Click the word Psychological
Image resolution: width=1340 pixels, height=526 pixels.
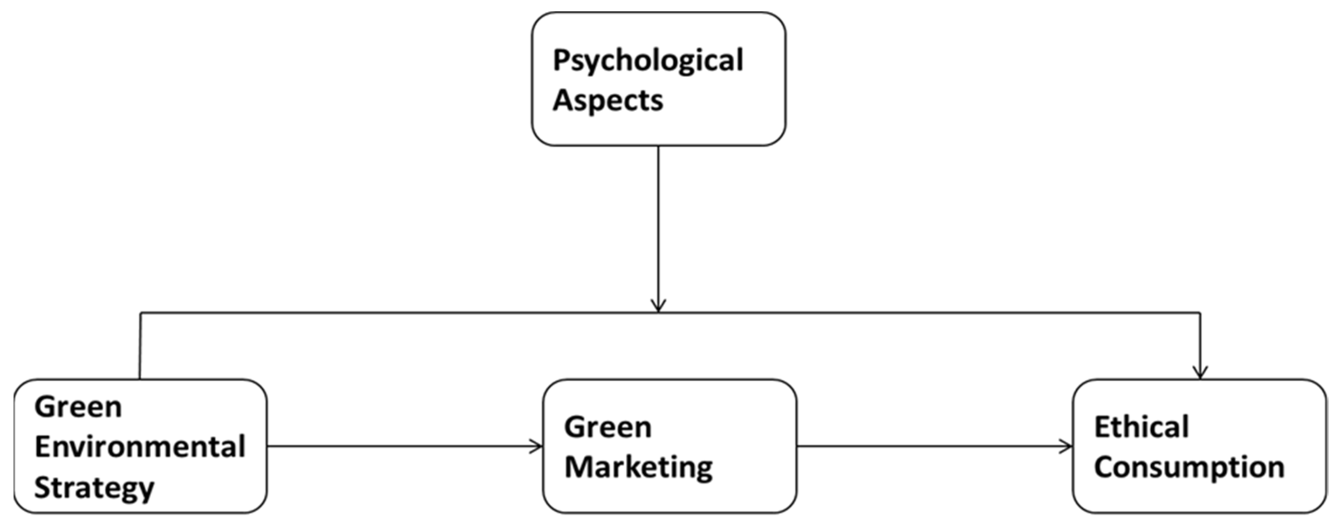pos(647,61)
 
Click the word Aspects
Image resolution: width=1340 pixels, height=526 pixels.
pos(608,100)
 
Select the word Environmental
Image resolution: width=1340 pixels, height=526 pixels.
pos(140,447)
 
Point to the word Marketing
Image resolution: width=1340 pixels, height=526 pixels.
pos(638,467)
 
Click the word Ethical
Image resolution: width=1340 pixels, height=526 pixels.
pos(1141,428)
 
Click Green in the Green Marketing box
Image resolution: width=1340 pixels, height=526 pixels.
pos(608,428)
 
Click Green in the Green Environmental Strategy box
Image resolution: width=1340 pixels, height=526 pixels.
pos(78,407)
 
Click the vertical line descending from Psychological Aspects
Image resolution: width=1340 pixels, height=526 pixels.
pos(659,224)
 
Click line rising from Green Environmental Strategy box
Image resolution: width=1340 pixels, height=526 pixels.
pos(140,346)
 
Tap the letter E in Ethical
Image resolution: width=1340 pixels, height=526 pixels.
pos(1102,428)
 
